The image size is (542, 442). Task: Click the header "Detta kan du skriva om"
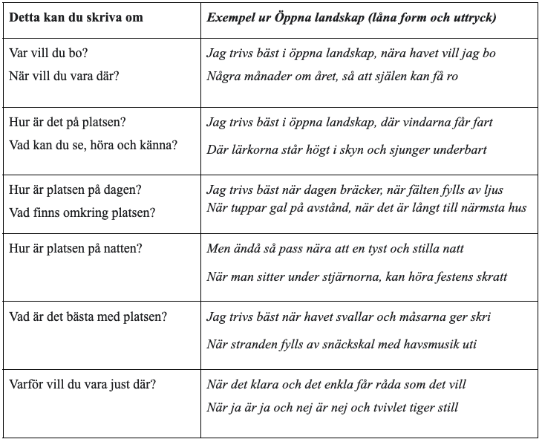(76, 16)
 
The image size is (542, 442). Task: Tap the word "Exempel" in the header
(230, 16)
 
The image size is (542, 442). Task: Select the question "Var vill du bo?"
(53, 54)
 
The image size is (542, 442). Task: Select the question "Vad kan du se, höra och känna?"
(94, 144)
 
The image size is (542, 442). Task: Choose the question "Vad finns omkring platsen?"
(82, 212)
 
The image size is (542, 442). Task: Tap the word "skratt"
(490, 276)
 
